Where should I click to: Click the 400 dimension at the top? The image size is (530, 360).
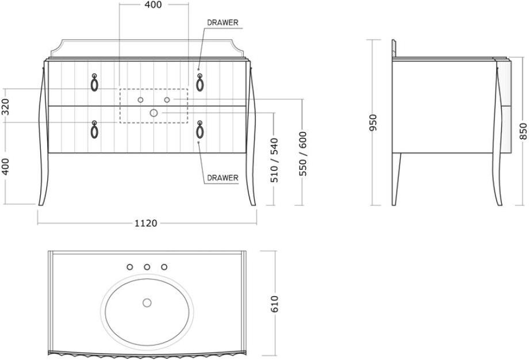pos(152,5)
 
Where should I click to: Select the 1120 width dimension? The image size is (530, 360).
pos(146,223)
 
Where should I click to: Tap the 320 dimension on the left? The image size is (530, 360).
pos(6,106)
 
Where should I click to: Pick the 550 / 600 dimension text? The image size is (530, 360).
pos(303,153)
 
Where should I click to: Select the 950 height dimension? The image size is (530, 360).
pos(373,122)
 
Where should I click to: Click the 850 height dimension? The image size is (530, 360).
pos(523,131)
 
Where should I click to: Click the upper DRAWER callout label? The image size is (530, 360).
pos(223,23)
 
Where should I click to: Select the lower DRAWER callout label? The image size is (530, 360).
pos(222,178)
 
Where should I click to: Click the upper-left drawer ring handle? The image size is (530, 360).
pos(94,83)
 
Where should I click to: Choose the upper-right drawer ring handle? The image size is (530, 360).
pos(199,83)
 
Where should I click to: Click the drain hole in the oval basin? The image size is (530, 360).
pos(147,302)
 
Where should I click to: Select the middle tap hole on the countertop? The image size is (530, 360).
pos(147,267)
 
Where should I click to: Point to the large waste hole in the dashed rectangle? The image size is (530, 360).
pos(153,113)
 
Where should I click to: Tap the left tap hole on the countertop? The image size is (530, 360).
pos(129,267)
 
